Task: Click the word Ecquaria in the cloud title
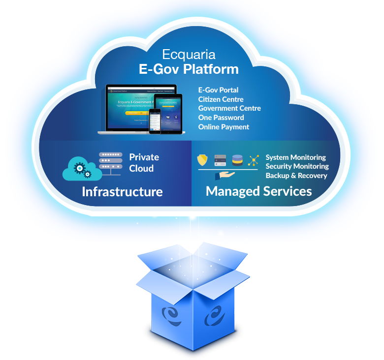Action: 189,54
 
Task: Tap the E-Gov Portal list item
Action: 218,90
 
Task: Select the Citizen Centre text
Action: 221,99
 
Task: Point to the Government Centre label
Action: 229,108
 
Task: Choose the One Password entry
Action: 221,118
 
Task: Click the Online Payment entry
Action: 224,127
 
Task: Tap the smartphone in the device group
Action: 155,120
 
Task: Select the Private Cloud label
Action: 144,163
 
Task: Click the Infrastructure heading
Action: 122,191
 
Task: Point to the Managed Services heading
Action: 258,191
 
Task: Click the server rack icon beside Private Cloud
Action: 111,163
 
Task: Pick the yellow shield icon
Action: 202,160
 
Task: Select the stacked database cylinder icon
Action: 237,160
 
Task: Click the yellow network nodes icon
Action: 254,160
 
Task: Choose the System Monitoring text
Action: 295,157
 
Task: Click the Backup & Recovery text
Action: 296,176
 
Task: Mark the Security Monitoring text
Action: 297,166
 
